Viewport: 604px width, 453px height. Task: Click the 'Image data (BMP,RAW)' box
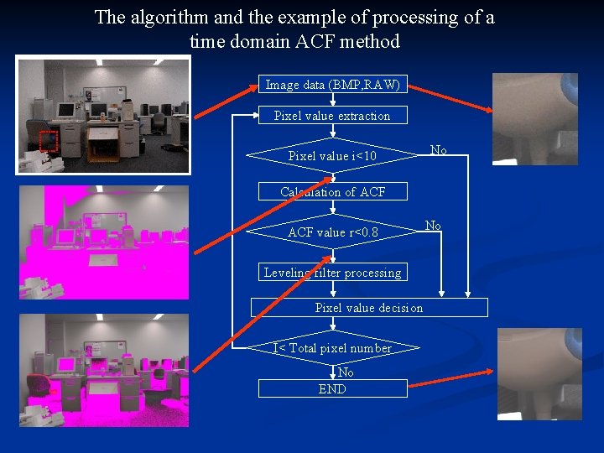click(x=332, y=84)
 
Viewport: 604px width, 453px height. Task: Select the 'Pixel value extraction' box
click(x=332, y=116)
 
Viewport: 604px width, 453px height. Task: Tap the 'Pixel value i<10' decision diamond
click(x=332, y=156)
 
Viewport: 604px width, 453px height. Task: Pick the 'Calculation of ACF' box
click(x=332, y=192)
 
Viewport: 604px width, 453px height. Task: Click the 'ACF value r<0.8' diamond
click(x=332, y=232)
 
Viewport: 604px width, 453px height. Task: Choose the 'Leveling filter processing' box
click(x=332, y=272)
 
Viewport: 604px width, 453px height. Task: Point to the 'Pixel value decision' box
click(x=369, y=308)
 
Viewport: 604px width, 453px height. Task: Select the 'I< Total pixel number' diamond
click(x=332, y=348)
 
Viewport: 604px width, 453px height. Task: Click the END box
click(x=332, y=388)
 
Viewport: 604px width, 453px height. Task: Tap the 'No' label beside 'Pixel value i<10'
click(x=438, y=150)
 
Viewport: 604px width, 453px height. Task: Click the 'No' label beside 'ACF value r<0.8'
click(x=433, y=225)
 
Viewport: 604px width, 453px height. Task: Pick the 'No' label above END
click(x=346, y=372)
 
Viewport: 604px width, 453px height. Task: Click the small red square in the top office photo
click(x=47, y=141)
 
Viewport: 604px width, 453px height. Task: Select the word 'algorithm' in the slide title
click(x=168, y=17)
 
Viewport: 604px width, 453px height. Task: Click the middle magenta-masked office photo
click(x=104, y=242)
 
